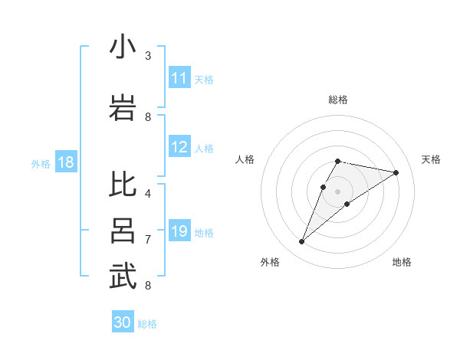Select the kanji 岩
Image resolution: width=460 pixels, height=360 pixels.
click(x=123, y=108)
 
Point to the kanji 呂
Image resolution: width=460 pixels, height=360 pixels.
click(x=123, y=231)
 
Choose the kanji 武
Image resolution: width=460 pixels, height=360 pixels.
click(x=123, y=277)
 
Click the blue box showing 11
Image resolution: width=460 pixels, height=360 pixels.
click(x=179, y=78)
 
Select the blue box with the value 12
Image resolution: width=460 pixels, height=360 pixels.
click(x=179, y=148)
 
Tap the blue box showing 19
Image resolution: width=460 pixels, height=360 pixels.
click(x=179, y=231)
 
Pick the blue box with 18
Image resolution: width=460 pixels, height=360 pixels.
click(x=65, y=162)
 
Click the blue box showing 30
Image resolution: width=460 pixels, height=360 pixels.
click(x=123, y=322)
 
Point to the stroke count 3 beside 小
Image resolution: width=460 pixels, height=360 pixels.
click(x=148, y=55)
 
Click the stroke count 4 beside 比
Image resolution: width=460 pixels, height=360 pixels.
click(x=148, y=193)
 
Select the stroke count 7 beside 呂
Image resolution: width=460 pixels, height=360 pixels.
click(x=148, y=239)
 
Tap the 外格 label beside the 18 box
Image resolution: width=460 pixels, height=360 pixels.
click(x=41, y=163)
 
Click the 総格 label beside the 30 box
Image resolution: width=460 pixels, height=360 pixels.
click(x=147, y=323)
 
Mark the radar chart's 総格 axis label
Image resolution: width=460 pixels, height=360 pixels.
click(x=337, y=100)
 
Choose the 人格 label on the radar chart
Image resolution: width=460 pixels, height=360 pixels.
click(x=245, y=159)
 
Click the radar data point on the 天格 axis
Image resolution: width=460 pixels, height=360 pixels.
click(x=396, y=173)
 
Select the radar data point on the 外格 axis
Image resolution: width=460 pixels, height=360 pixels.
click(x=301, y=242)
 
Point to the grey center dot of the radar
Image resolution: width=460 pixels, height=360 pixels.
click(x=337, y=191)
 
